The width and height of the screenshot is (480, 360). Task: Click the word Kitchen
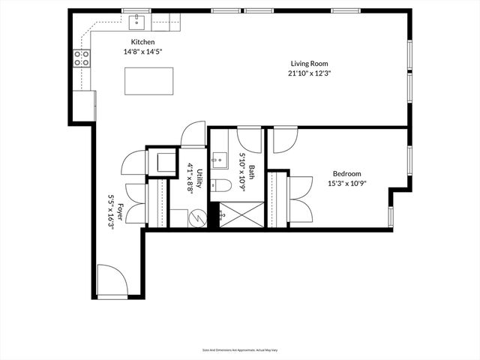142,42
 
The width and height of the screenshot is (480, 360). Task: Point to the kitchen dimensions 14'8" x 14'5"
142,52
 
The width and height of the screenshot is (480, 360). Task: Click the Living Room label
310,64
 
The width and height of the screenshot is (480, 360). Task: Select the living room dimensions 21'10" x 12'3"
310,73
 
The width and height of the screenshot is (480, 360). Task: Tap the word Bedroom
346,173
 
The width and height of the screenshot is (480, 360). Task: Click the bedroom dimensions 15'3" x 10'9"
346,183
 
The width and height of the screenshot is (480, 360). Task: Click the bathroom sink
219,158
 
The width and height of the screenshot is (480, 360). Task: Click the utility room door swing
192,135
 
